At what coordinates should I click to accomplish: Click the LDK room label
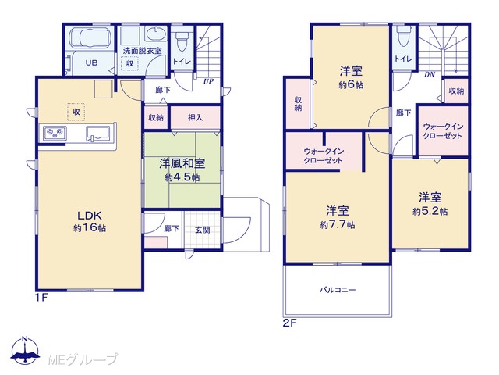90,216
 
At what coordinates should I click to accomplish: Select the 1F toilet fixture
182,39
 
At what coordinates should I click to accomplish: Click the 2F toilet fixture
404,36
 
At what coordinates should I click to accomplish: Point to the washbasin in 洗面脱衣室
156,34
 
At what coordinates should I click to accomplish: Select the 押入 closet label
195,118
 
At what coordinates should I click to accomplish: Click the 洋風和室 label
182,164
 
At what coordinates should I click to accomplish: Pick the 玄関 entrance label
203,230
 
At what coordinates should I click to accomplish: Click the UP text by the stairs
208,81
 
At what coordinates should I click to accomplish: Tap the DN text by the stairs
430,75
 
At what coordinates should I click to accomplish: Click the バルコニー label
338,290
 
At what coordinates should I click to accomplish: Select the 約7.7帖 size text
338,225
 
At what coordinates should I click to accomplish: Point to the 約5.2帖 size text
430,212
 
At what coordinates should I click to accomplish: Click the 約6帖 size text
351,85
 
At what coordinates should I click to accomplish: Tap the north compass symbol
25,350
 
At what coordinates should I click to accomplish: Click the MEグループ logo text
83,359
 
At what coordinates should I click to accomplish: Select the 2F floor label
289,323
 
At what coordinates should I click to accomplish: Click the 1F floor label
41,298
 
